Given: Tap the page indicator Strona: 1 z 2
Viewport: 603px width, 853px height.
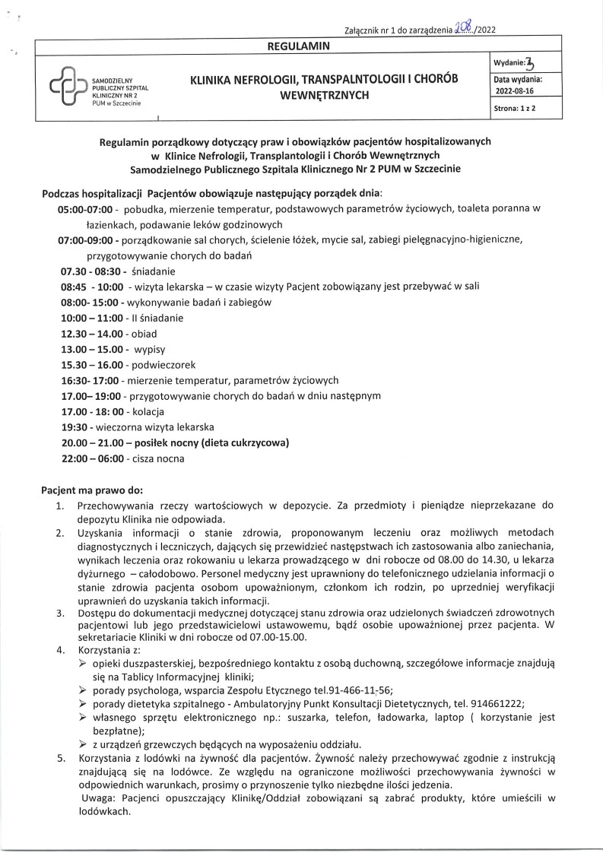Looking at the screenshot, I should click(x=517, y=110).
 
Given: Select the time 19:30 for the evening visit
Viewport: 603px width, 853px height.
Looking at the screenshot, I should click(x=74, y=427).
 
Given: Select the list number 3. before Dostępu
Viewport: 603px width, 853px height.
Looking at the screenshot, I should click(x=59, y=612).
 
